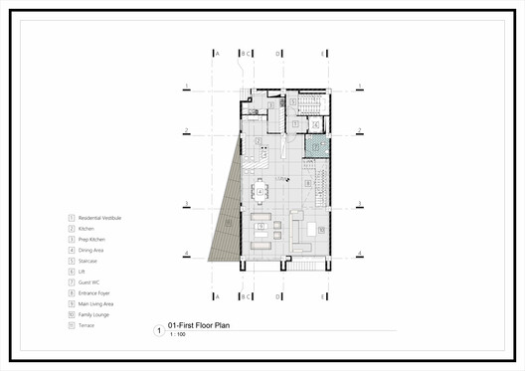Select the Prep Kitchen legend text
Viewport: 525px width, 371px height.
click(91, 240)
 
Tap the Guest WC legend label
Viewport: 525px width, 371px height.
click(87, 282)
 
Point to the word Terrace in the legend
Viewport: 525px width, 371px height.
click(86, 325)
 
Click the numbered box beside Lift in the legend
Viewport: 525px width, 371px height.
click(71, 272)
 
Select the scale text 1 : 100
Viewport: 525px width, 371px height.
click(178, 334)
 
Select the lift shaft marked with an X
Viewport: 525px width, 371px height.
click(315, 124)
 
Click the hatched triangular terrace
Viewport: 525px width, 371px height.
click(228, 214)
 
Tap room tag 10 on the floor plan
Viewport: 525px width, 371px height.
click(322, 229)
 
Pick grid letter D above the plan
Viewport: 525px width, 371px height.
click(277, 54)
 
